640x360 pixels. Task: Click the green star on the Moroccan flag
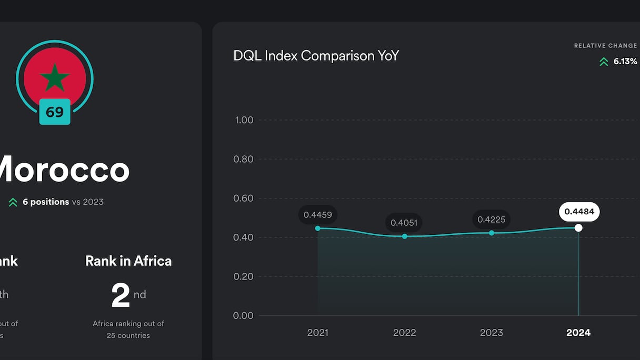[x=55, y=78]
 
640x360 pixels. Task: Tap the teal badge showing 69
[x=55, y=112]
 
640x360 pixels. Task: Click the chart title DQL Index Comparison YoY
[x=316, y=56]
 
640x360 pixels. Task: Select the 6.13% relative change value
[x=625, y=62]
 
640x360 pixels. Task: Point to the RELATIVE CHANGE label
[x=605, y=46]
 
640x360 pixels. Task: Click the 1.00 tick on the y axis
[x=244, y=120]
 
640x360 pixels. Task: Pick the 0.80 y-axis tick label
[x=244, y=159]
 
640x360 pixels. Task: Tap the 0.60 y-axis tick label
[x=244, y=198]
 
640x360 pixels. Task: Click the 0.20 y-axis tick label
[x=244, y=276]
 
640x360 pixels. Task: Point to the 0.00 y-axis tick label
[x=244, y=316]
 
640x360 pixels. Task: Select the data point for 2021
[x=317, y=228]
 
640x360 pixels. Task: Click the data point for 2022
[x=405, y=236]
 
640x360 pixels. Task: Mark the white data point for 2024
[x=578, y=228]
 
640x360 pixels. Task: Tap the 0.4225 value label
[x=491, y=219]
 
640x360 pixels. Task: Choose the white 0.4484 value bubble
[x=579, y=212]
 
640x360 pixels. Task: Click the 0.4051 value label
[x=404, y=223]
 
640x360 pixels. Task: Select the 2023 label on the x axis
[x=492, y=333]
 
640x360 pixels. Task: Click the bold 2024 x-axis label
[x=578, y=333]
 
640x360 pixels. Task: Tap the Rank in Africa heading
[x=128, y=261]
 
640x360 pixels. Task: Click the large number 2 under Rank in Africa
[x=121, y=296]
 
